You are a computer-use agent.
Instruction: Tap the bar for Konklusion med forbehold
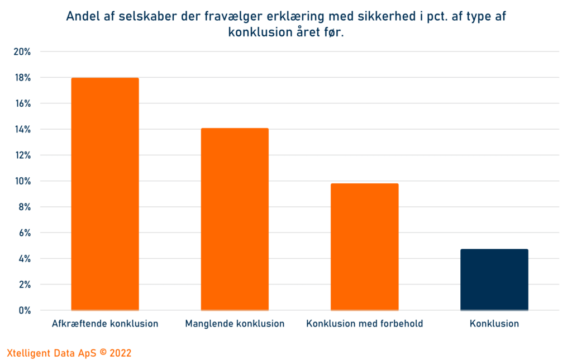pos(364,247)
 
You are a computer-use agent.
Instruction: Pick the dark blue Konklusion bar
pos(494,280)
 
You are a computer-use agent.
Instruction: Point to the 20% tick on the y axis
pos(22,52)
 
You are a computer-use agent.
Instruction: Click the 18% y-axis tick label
pos(22,78)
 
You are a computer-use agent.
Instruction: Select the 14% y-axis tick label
pos(22,130)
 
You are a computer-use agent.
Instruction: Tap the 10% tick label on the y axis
pos(22,181)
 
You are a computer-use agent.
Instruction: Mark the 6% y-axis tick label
pos(24,233)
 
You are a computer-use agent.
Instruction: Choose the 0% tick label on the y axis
pos(24,310)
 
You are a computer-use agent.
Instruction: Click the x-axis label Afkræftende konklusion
pos(105,324)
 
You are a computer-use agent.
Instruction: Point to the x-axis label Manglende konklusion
pos(235,324)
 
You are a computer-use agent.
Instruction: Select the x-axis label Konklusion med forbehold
pos(365,324)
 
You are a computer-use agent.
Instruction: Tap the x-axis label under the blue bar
pos(494,324)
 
